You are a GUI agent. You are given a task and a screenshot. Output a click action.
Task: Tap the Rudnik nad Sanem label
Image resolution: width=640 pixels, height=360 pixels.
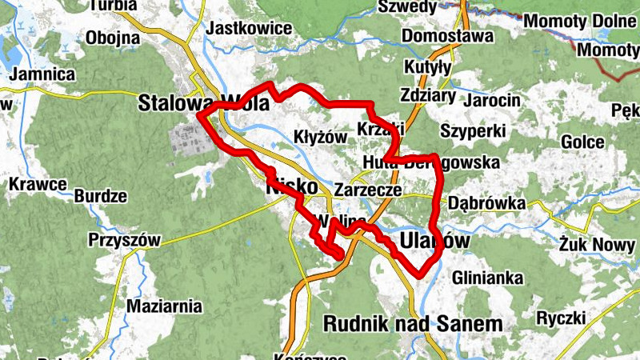(414, 323)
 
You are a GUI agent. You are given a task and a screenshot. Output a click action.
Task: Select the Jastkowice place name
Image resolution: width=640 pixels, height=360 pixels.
(249, 28)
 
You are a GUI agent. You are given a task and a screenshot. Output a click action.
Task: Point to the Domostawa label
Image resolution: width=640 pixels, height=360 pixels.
(447, 36)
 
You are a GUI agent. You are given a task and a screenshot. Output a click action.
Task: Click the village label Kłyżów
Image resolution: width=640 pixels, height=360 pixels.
(321, 137)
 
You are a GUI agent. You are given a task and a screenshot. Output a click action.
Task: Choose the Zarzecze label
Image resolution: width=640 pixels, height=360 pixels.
(368, 190)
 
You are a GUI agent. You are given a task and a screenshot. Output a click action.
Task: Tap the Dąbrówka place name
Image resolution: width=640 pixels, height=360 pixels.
(487, 203)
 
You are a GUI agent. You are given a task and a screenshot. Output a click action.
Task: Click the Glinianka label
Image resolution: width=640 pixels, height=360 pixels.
(487, 278)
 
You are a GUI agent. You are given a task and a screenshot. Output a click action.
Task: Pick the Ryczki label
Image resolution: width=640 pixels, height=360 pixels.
(562, 318)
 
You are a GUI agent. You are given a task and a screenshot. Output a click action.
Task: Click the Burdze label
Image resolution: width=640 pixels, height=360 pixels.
(101, 196)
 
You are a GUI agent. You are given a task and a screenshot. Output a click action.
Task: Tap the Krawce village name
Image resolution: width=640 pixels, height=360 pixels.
(38, 184)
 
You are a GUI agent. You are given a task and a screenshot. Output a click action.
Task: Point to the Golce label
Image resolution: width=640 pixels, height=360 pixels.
(582, 142)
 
